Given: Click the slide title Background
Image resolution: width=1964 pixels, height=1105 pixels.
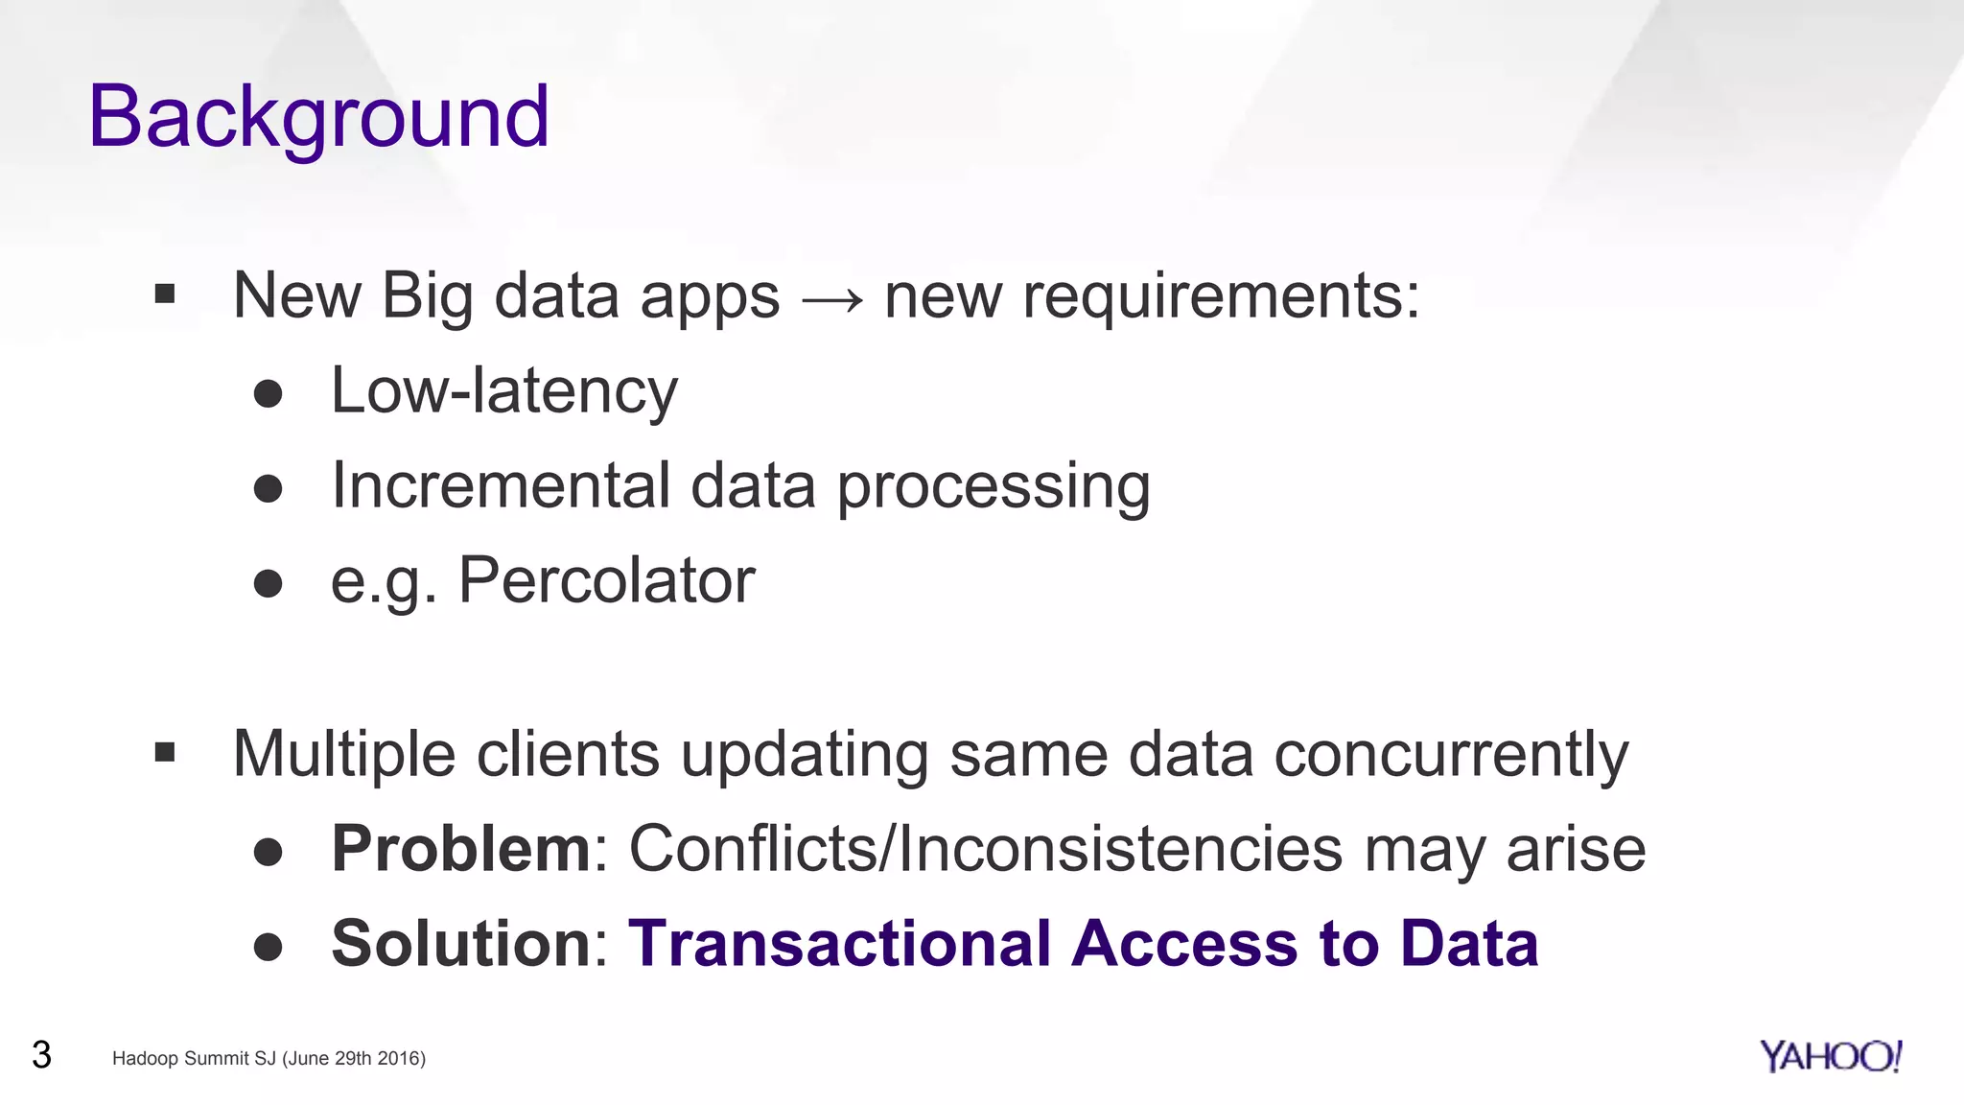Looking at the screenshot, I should (318, 117).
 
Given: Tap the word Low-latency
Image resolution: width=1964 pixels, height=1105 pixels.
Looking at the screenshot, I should (503, 391).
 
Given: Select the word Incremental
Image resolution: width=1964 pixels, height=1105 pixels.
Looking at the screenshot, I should (500, 485).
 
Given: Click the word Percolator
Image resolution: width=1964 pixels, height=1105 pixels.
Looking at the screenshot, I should (606, 580).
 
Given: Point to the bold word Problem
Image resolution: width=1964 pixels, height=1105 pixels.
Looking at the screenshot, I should (460, 850).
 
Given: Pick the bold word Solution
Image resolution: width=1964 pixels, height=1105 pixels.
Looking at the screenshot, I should (460, 944).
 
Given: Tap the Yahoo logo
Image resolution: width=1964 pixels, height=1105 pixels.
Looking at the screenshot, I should (1830, 1056).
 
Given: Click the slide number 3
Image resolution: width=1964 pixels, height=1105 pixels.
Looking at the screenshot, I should (41, 1055).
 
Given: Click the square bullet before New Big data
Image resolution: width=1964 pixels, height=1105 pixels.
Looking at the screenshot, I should (165, 294).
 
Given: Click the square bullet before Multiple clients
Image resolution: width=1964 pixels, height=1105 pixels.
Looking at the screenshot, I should (165, 753).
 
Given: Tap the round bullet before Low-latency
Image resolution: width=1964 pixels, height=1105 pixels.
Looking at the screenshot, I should (268, 393).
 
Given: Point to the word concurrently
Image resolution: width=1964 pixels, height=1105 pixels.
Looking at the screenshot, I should (1451, 755).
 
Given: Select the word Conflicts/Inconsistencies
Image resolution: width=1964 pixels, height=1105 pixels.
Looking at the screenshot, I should (986, 850).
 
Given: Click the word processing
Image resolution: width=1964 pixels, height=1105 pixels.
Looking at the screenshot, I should (994, 487).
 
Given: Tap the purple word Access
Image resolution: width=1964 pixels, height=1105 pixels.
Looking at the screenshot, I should (1184, 944).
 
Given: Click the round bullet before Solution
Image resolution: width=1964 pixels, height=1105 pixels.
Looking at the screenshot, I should (268, 947).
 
